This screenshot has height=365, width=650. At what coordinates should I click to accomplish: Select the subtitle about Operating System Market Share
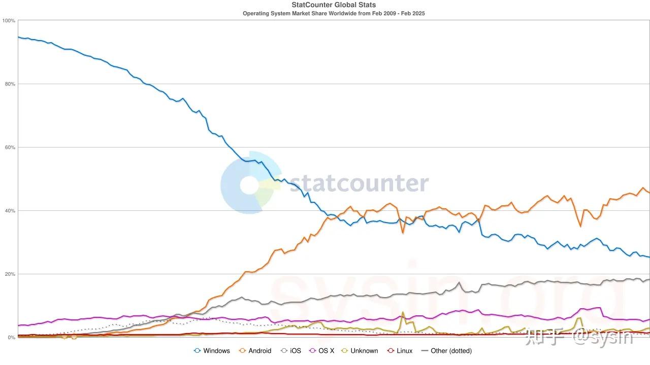334,13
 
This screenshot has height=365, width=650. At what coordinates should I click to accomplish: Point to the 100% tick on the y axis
9,21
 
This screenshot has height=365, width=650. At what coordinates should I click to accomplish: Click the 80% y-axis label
10,84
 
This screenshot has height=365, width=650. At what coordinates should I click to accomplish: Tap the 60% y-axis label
10,148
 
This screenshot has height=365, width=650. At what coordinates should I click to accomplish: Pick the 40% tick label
10,211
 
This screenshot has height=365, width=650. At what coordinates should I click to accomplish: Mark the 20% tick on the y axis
10,274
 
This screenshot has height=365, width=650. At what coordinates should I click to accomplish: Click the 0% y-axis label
11,338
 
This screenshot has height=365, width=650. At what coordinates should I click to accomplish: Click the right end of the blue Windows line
649,257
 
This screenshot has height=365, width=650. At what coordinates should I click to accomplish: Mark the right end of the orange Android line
649,193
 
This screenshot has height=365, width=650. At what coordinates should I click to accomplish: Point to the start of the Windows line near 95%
18,37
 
